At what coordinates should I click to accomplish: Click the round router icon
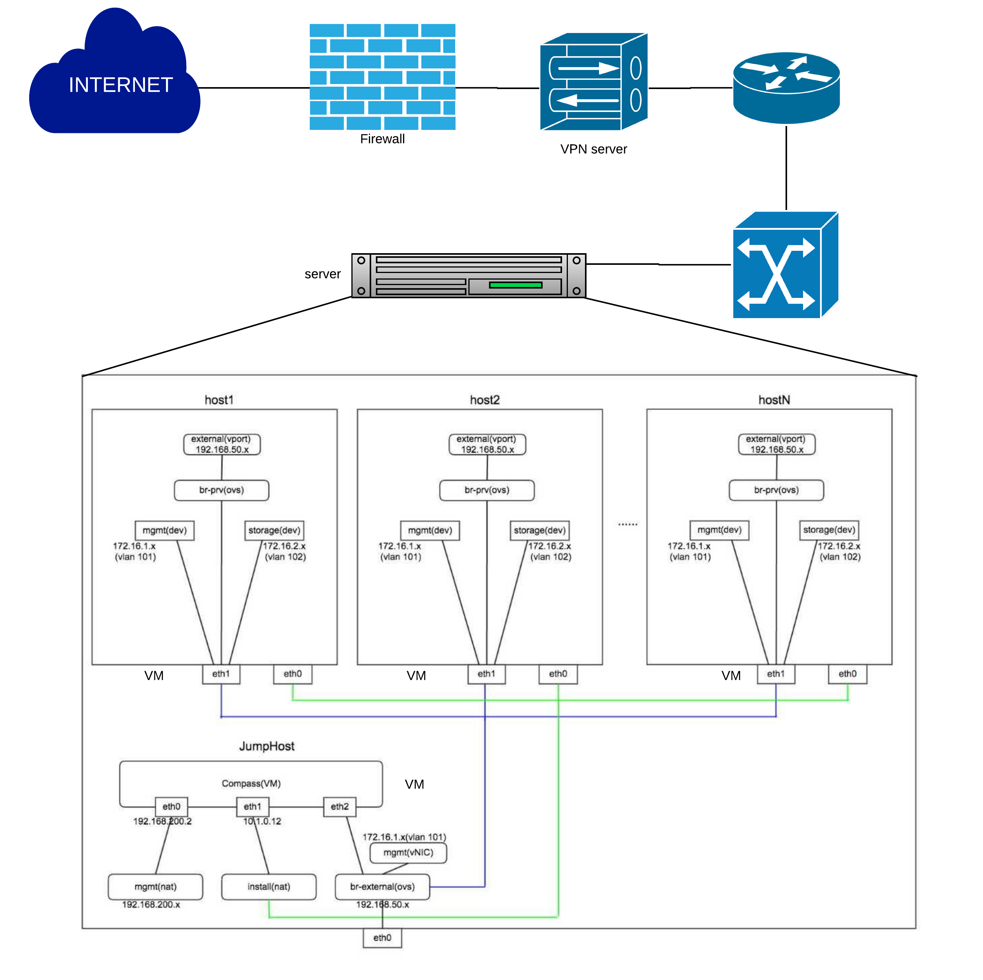pos(786,87)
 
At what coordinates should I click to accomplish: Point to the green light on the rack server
pos(515,285)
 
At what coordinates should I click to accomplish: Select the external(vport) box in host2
pos(487,444)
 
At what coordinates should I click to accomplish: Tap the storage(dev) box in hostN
pos(829,530)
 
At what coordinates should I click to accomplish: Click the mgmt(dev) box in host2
pos(430,530)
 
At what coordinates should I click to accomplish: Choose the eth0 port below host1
pos(293,674)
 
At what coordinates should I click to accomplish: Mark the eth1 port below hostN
pos(775,674)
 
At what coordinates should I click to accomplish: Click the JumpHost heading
pos(267,746)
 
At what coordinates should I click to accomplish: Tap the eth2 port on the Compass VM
pos(339,807)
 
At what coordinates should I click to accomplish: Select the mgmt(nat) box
pos(155,887)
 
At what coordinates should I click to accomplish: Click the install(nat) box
pos(269,887)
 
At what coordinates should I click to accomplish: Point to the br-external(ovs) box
pos(382,887)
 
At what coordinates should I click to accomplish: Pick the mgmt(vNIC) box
pos(408,853)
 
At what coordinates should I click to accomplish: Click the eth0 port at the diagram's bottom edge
pos(382,938)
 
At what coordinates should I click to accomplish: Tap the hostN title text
pos(774,400)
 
